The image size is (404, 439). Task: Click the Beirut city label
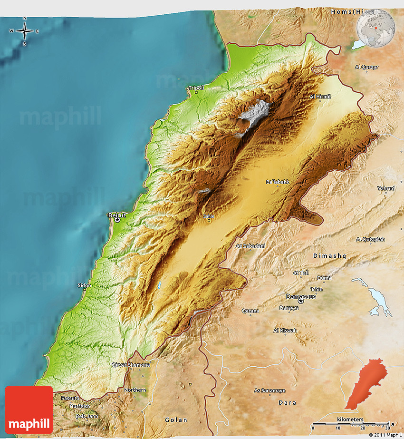[x=117, y=215]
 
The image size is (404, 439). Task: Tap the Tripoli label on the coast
[x=196, y=88]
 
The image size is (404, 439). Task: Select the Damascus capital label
[x=300, y=296]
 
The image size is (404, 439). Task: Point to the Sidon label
[x=85, y=285]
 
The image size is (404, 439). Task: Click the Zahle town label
[x=209, y=216]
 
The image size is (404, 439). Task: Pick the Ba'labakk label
[x=278, y=182]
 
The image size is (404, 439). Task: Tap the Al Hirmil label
[x=320, y=97]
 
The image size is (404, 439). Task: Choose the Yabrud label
[x=386, y=188]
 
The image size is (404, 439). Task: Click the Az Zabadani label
[x=250, y=246]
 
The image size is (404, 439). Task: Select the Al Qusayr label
[x=366, y=67]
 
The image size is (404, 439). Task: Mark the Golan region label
[x=176, y=420]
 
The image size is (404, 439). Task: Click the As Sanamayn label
[x=269, y=390]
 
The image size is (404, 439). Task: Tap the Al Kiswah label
[x=285, y=331]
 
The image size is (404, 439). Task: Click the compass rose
[x=24, y=31]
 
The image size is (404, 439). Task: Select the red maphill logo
[x=29, y=410]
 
